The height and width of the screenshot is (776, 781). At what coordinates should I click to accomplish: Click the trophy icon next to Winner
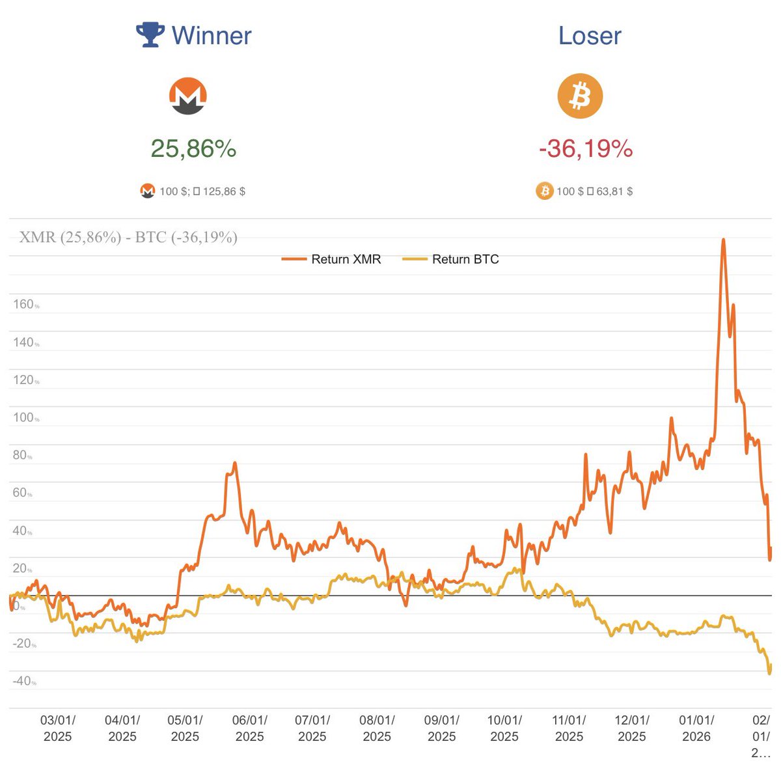[x=150, y=35]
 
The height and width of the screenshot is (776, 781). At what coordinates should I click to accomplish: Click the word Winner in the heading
[x=212, y=36]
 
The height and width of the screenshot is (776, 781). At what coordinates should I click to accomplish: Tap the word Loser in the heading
[x=590, y=36]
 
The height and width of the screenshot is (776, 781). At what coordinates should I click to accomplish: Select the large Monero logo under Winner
[x=188, y=96]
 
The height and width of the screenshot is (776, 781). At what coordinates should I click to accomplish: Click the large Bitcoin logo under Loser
[x=580, y=96]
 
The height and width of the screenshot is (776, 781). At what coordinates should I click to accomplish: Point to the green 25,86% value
[x=193, y=148]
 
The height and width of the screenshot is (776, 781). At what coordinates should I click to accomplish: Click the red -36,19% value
[x=586, y=148]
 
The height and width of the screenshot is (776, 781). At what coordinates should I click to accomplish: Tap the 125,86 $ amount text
[x=224, y=191]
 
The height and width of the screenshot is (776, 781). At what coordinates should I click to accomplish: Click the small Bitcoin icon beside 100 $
[x=544, y=191]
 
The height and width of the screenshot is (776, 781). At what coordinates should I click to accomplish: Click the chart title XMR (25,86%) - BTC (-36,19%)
[x=128, y=237]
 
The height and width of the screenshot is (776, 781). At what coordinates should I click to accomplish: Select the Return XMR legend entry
[x=332, y=259]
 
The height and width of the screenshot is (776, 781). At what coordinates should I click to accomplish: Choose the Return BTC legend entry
[x=452, y=259]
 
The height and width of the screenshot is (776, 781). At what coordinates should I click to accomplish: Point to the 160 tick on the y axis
[x=24, y=305]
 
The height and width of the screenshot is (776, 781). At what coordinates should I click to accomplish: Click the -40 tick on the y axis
[x=24, y=681]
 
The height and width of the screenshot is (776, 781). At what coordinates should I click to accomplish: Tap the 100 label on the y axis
[x=24, y=417]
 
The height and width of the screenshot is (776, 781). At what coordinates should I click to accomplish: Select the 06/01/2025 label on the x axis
[x=249, y=728]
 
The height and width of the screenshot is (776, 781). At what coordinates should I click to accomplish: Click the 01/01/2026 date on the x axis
[x=696, y=728]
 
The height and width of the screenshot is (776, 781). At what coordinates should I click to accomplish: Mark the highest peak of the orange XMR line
[x=723, y=240]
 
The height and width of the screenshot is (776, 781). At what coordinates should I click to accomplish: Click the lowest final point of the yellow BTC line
[x=770, y=673]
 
